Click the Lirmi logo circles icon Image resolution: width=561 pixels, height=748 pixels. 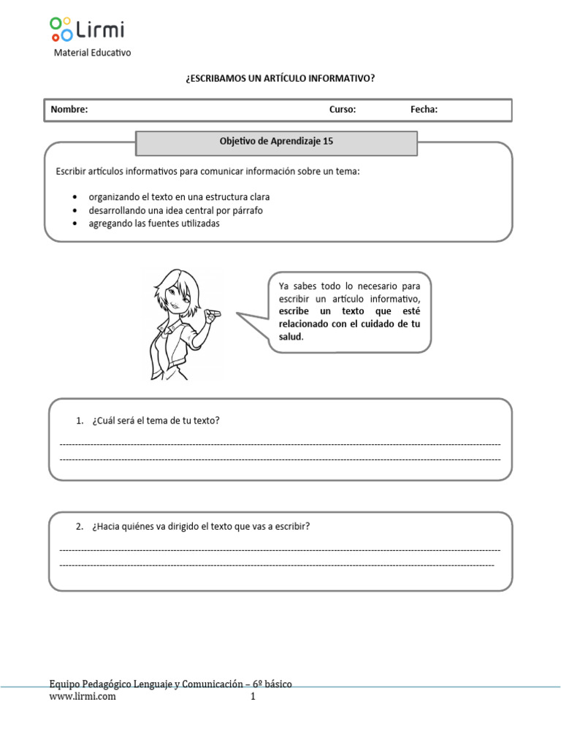[x=61, y=29]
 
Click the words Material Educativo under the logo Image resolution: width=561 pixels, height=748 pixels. [x=93, y=53]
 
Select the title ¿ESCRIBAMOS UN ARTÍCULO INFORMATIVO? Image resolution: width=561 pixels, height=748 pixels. [x=280, y=78]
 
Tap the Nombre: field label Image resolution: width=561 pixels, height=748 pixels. [x=69, y=110]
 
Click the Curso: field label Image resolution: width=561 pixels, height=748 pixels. [x=343, y=110]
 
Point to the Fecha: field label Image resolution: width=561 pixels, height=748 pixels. [x=424, y=110]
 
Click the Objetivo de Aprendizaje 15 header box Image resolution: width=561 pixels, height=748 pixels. [x=276, y=142]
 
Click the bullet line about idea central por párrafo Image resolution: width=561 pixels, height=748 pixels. [x=175, y=210]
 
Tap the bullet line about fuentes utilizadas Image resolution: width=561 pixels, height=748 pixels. [x=153, y=224]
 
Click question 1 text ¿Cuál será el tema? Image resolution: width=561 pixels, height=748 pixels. [x=156, y=421]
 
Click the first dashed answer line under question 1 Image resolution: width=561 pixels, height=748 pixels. [x=280, y=444]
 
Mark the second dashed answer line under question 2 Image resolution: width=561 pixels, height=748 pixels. [x=276, y=565]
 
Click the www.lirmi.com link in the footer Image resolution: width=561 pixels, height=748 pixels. [x=83, y=697]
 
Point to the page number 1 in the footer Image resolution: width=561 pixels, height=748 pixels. [x=253, y=697]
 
